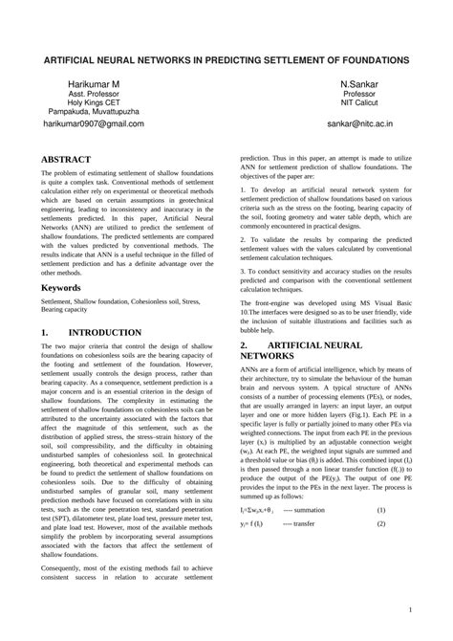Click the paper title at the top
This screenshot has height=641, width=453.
coord(226,59)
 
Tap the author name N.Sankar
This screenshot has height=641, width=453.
coord(359,85)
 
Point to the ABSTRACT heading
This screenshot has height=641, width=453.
coord(66,159)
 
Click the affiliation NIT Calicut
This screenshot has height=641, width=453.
coord(359,103)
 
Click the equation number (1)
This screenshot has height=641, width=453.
coord(380,538)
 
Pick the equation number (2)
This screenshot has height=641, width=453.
coord(380,551)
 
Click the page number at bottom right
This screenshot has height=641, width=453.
coord(410,609)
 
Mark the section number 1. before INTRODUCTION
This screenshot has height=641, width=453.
coord(45,333)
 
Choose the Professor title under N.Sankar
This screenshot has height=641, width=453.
coord(359,95)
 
